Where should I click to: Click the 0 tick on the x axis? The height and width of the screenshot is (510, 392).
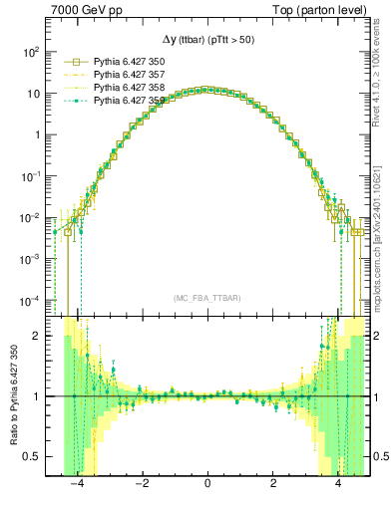click(x=206, y=485)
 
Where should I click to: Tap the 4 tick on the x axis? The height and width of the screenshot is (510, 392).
click(x=338, y=485)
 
